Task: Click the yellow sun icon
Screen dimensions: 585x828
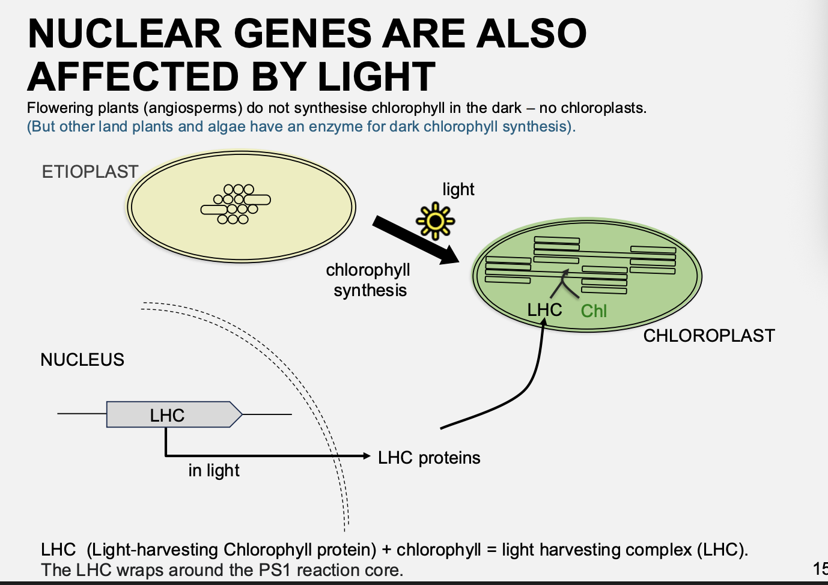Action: [x=436, y=222]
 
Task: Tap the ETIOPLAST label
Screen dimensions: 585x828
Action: [x=90, y=172]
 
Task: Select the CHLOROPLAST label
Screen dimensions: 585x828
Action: [x=709, y=336]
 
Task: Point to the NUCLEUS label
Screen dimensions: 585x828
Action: [x=82, y=360]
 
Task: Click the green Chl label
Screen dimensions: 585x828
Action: [x=594, y=311]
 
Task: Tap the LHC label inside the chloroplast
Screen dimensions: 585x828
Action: [x=544, y=310]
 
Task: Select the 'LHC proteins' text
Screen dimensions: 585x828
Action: [x=429, y=458]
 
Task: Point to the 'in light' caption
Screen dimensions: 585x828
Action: [x=214, y=470]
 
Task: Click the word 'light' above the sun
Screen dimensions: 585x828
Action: [x=458, y=190]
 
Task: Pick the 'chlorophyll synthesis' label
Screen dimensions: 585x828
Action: [x=369, y=280]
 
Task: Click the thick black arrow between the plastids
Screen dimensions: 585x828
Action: [x=415, y=240]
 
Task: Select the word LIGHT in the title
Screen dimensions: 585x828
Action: [x=376, y=77]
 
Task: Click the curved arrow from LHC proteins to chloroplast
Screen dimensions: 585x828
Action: [x=529, y=384]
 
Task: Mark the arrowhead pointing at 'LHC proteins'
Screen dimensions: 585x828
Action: [x=367, y=456]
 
